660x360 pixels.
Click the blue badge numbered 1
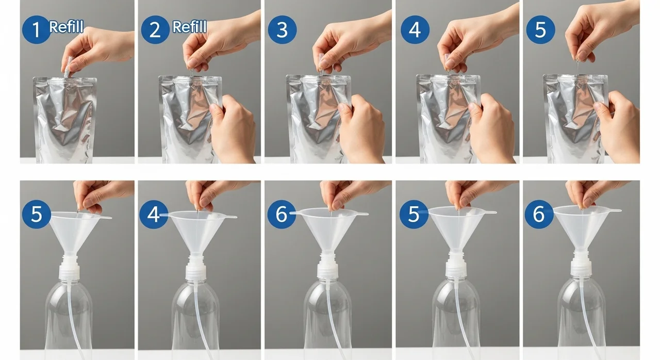pos(36,30)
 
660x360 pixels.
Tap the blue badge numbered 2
pos(155,30)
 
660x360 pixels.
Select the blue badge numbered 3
pos(282,30)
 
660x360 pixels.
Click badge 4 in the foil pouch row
pos(415,30)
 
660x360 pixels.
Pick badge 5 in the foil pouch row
pos(540,30)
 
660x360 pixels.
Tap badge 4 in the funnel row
pos(154,215)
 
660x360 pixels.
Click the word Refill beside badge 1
pos(67,27)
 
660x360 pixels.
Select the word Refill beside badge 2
pos(189,27)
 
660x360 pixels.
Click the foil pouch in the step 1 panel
pos(65,120)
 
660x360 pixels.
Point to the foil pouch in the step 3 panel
pos(318,119)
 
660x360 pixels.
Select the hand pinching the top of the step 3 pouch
pos(351,41)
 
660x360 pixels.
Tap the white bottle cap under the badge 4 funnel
pos(196,268)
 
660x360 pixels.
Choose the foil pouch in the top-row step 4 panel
pos(448,119)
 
